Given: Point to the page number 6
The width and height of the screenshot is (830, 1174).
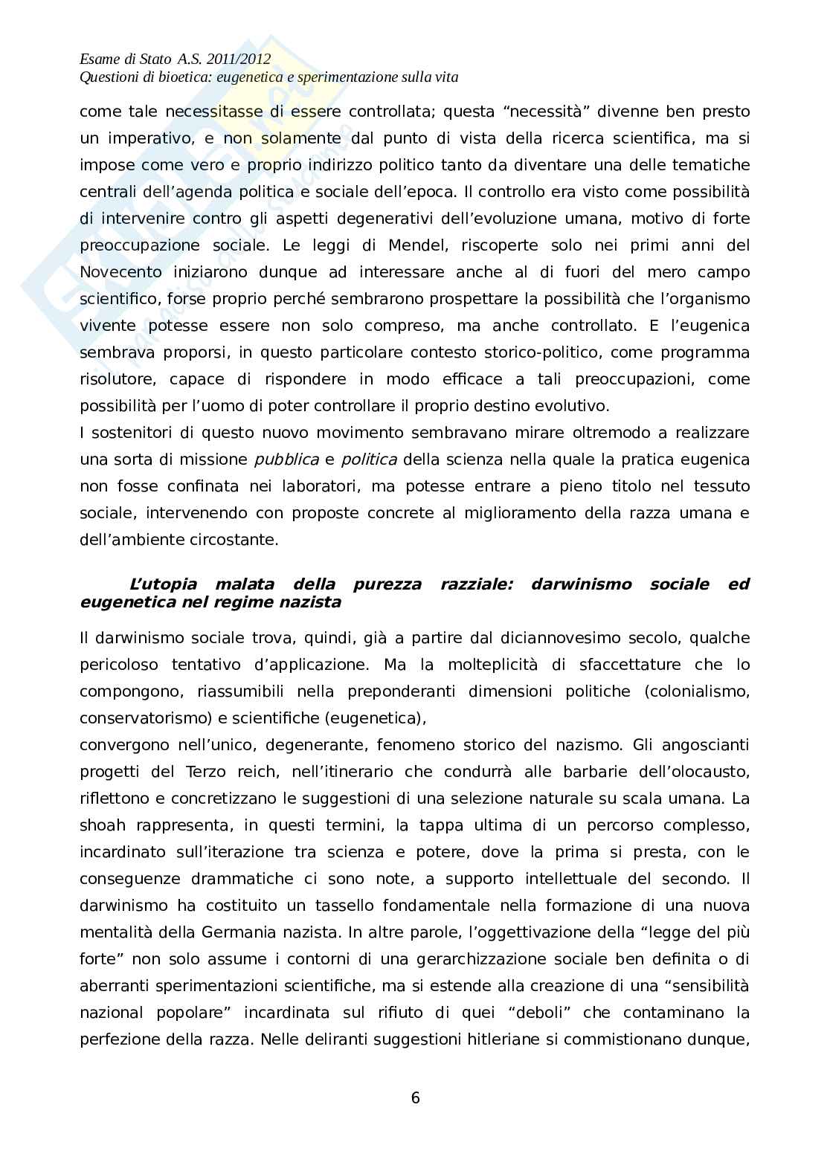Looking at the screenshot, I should coord(415,1097).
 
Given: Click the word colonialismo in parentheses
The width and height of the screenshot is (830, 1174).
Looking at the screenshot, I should coord(700,691).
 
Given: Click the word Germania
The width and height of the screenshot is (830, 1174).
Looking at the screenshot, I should coord(235,932).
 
